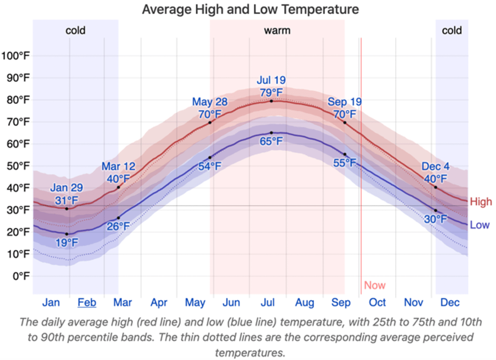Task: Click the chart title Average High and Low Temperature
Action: [250, 9]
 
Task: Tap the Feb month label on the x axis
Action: [87, 303]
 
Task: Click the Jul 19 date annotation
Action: [271, 80]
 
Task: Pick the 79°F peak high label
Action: [271, 92]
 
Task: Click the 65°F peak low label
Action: [271, 142]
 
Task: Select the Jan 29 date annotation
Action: [66, 188]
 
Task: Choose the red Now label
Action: [375, 285]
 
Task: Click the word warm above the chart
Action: [277, 31]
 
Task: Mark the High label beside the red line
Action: [481, 202]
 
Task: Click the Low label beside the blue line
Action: [480, 225]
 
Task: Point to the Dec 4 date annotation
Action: [435, 167]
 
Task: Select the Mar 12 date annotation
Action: [118, 167]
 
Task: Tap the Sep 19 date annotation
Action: [345, 102]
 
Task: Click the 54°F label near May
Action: [209, 166]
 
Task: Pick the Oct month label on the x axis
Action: [377, 303]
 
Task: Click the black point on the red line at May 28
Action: [210, 122]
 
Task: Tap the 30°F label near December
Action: [436, 219]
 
